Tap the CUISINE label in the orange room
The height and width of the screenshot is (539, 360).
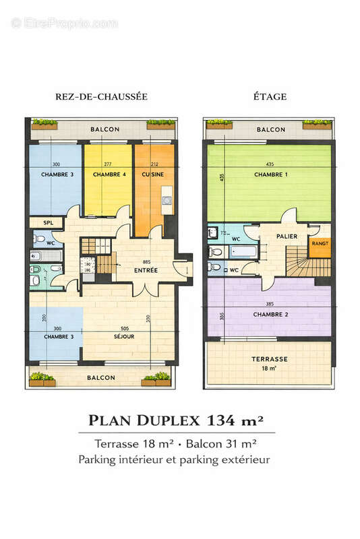point(154,175)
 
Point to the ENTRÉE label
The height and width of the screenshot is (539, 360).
point(146,270)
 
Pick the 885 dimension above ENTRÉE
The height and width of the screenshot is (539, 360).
point(146,261)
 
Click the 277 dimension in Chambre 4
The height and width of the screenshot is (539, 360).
point(108,165)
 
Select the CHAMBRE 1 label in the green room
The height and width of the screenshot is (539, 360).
point(269,175)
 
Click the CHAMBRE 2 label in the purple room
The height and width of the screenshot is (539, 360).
point(269,315)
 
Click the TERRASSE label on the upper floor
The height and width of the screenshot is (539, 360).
point(270,359)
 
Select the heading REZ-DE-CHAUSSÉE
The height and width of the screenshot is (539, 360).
point(101,97)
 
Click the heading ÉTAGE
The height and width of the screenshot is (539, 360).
point(270,97)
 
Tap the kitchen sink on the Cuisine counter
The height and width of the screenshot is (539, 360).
point(167,201)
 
